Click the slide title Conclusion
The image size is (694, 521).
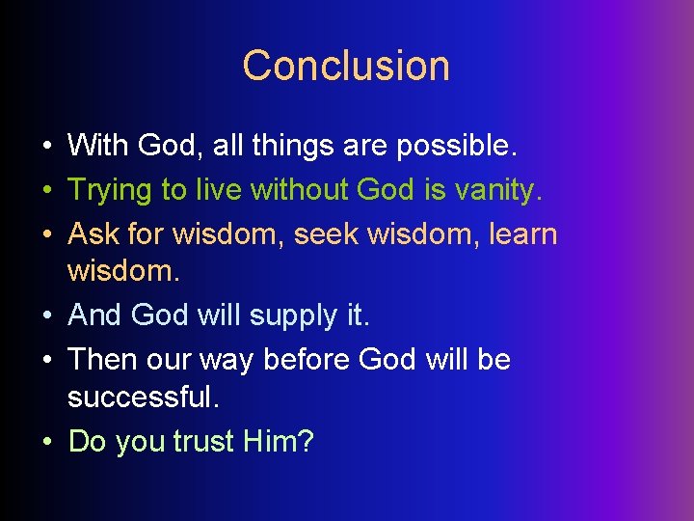click(x=346, y=66)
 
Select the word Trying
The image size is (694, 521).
click(x=109, y=190)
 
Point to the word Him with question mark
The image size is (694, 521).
click(x=278, y=441)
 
